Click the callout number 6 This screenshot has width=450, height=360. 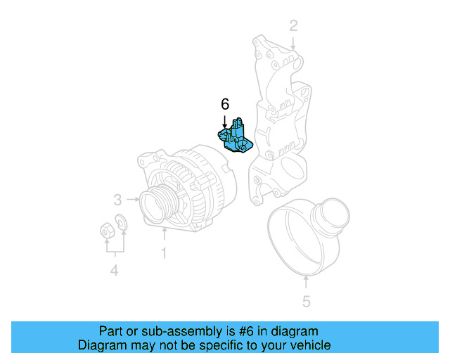[225, 104]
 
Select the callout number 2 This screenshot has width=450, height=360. [294, 26]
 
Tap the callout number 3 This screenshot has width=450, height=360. [119, 199]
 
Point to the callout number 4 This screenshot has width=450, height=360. [114, 271]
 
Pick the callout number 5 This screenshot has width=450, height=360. [306, 302]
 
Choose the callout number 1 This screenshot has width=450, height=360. [164, 252]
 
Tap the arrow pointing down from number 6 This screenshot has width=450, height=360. [225, 120]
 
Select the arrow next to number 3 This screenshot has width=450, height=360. [132, 199]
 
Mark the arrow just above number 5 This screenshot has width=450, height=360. [306, 283]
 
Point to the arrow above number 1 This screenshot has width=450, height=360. [164, 234]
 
